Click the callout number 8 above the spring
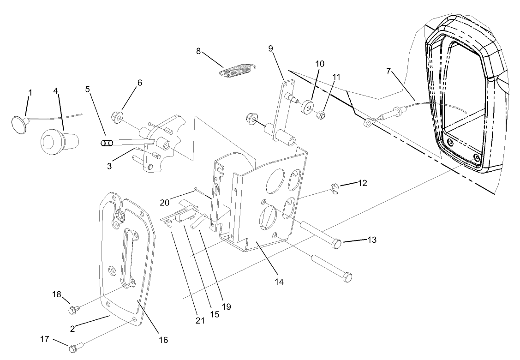click(198, 51)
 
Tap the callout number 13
click(372, 240)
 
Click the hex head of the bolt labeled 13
click(337, 243)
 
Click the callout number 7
click(389, 71)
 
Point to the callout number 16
click(163, 340)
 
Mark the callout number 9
click(271, 48)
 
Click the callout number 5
click(88, 90)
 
